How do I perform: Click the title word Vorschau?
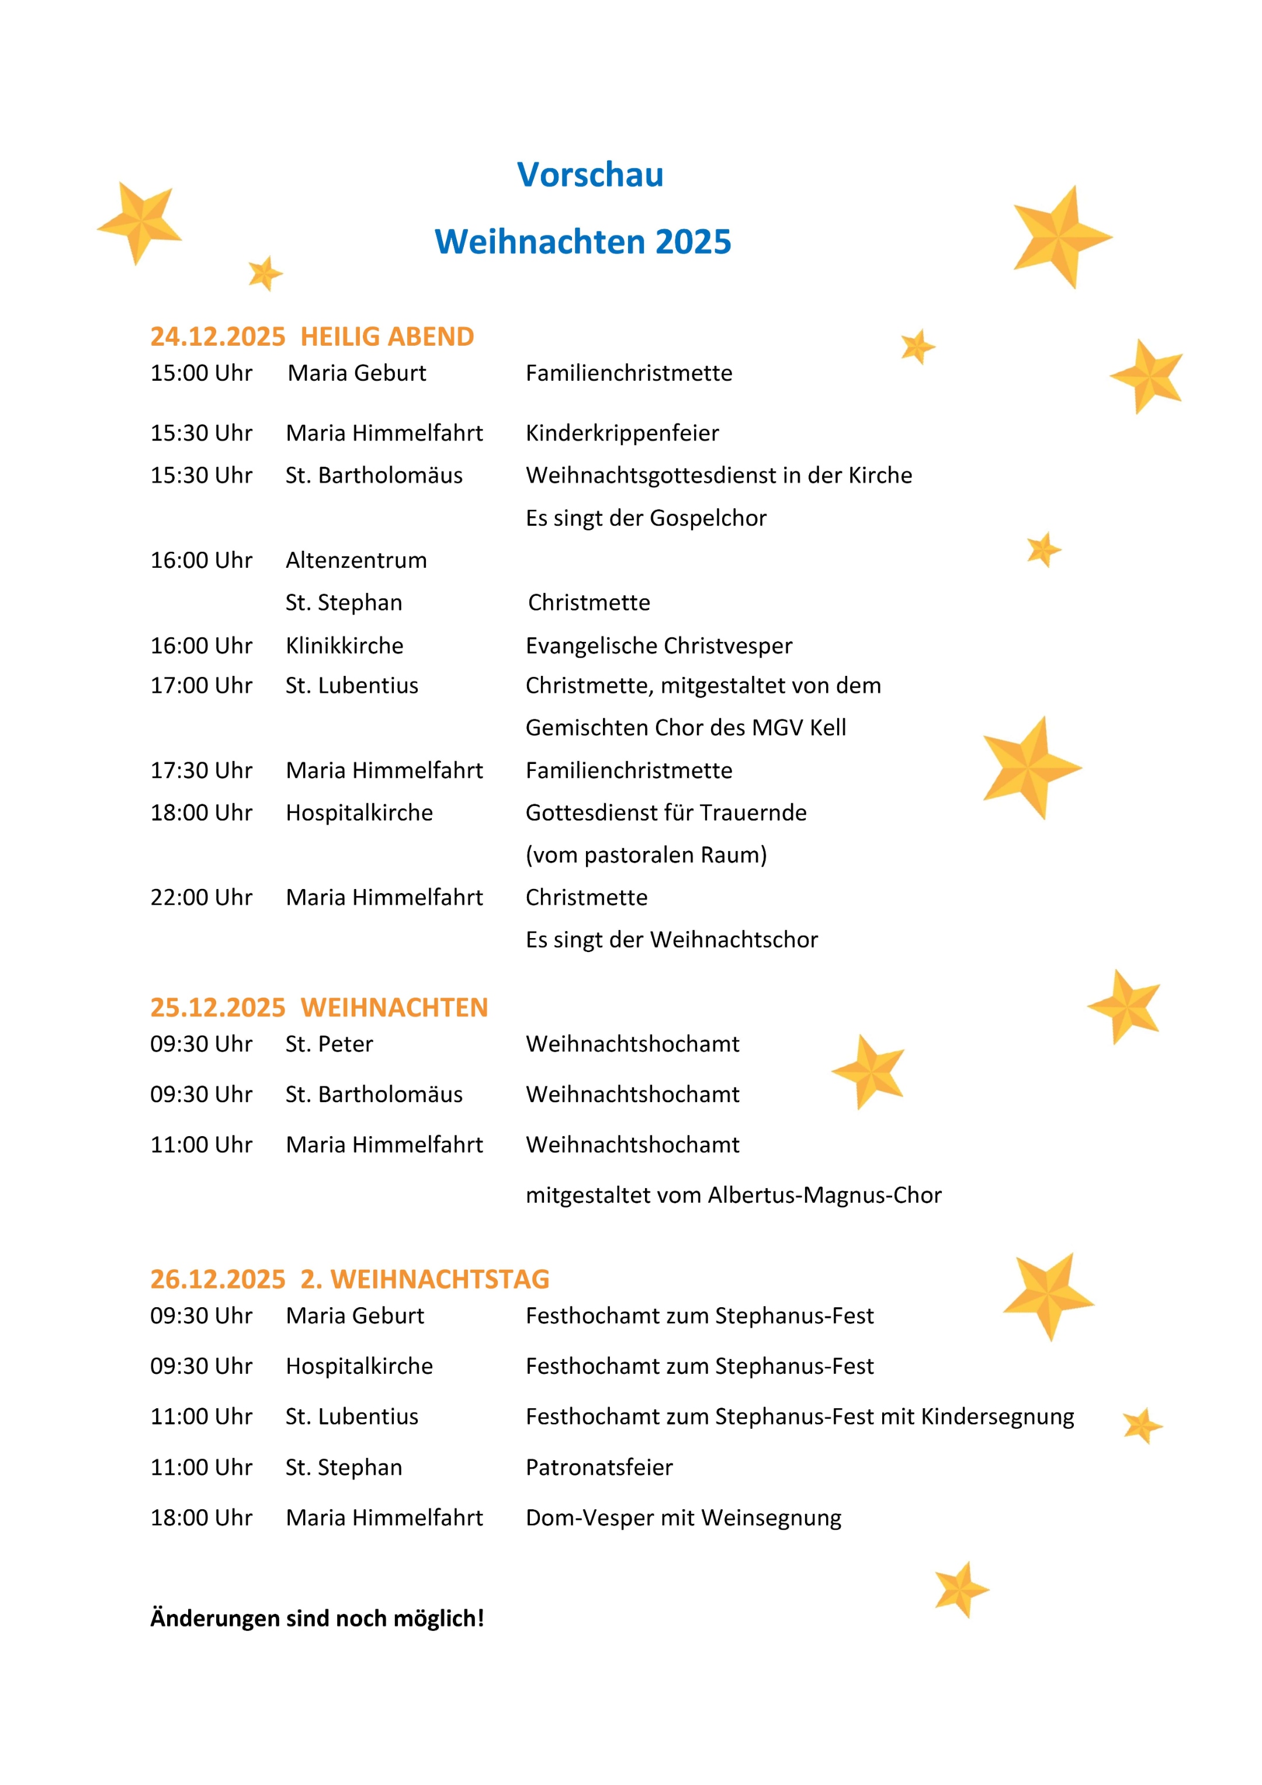tap(590, 175)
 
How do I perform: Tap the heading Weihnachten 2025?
tap(583, 242)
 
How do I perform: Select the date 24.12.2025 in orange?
tap(218, 336)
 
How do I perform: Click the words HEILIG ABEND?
tap(387, 336)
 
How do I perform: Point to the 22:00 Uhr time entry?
tap(202, 897)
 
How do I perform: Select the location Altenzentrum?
tap(356, 561)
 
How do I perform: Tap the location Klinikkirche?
tap(345, 645)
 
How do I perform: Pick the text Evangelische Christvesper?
tap(658, 645)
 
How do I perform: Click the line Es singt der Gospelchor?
tap(646, 518)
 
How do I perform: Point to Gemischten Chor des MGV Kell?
tap(686, 728)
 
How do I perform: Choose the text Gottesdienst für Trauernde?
tap(665, 812)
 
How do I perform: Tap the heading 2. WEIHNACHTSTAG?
tap(425, 1279)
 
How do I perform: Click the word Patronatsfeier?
tap(599, 1467)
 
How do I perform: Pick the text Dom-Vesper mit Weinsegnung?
tap(684, 1517)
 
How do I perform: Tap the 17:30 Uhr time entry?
tap(202, 770)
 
